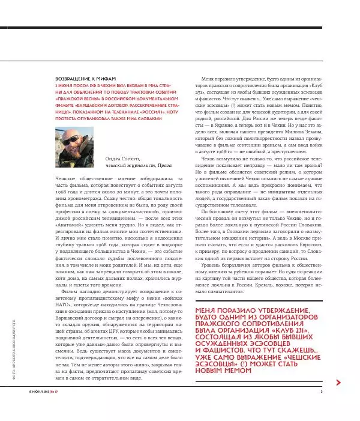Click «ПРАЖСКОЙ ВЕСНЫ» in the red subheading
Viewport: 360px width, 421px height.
(x=76, y=98)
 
